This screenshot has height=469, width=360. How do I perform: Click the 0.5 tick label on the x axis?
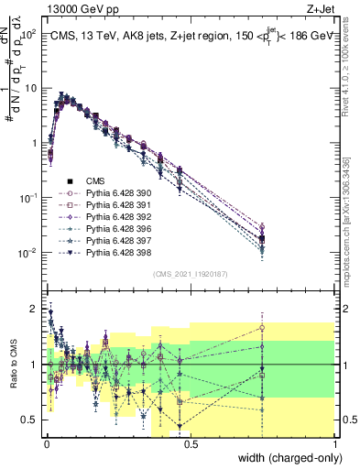pos(190,442)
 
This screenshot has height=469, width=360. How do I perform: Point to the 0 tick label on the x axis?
pos(45,442)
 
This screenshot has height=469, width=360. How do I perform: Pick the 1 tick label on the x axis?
pos(335,442)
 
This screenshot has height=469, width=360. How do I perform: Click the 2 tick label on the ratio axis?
pos(35,309)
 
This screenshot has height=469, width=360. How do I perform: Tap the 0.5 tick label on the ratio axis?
pos(31,420)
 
